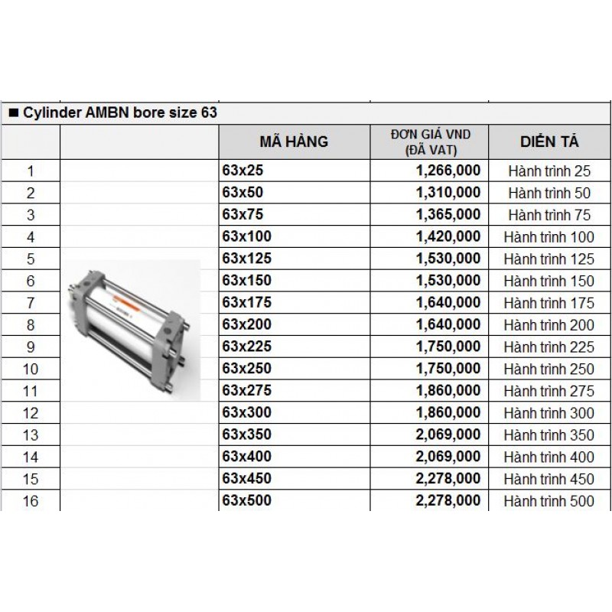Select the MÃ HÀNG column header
[294, 142]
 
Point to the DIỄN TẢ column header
[549, 142]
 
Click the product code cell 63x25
[242, 171]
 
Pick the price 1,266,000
[448, 171]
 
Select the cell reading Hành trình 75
[549, 215]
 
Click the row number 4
[31, 237]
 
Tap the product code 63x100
[246, 236]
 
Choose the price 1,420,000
[448, 236]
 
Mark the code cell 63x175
[246, 302]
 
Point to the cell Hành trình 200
[549, 325]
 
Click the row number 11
[31, 392]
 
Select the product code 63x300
[246, 412]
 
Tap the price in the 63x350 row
[448, 435]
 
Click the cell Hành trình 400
[549, 457]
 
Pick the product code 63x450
[246, 478]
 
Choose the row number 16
[31, 502]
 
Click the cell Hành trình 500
[549, 502]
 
